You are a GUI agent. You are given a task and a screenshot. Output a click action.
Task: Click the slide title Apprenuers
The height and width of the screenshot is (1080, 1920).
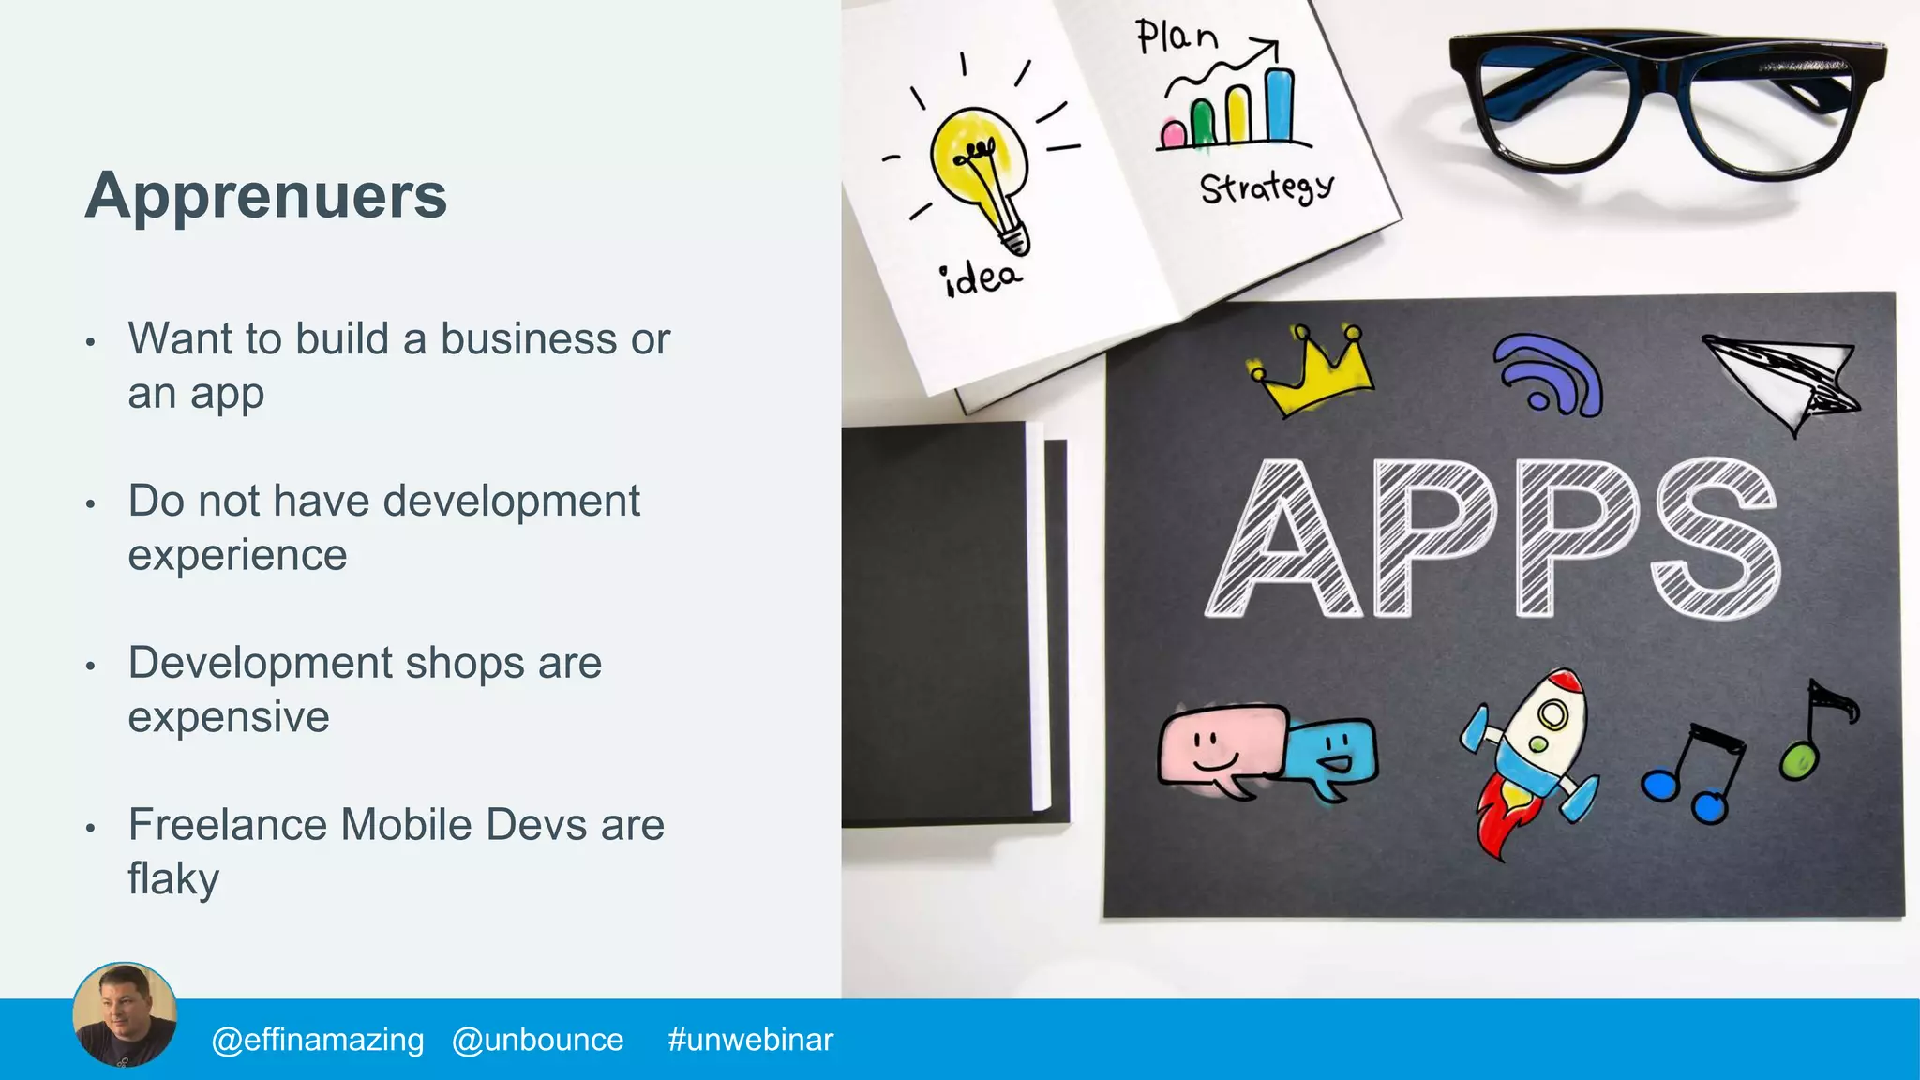pyautogui.click(x=266, y=196)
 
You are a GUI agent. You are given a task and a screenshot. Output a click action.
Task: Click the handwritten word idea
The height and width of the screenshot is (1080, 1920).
pyautogui.click(x=981, y=278)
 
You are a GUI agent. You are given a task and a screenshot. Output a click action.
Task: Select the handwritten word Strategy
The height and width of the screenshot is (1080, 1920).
pyautogui.click(x=1266, y=187)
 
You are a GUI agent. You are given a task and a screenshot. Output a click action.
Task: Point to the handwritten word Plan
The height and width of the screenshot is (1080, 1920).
pyautogui.click(x=1177, y=37)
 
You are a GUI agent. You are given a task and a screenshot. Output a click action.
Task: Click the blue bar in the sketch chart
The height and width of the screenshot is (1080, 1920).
pyautogui.click(x=1280, y=105)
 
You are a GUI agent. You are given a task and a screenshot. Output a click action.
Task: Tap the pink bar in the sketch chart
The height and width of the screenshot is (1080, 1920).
pyautogui.click(x=1173, y=134)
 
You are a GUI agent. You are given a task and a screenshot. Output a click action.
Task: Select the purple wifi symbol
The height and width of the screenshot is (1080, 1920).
pyautogui.click(x=1548, y=374)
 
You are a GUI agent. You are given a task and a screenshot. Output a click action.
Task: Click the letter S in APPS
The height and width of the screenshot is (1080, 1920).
pyautogui.click(x=1716, y=539)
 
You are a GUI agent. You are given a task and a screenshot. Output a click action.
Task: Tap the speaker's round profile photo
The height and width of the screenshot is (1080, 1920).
pyautogui.click(x=125, y=1015)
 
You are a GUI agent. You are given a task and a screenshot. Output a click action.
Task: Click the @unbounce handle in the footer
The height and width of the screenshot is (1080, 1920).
pyautogui.click(x=537, y=1040)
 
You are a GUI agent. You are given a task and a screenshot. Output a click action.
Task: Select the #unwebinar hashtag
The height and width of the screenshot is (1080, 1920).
pyautogui.click(x=750, y=1040)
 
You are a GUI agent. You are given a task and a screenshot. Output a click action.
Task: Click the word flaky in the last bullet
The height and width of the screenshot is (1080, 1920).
pyautogui.click(x=173, y=879)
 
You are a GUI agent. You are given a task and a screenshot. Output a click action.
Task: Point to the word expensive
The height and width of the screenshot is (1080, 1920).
pyautogui.click(x=229, y=717)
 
